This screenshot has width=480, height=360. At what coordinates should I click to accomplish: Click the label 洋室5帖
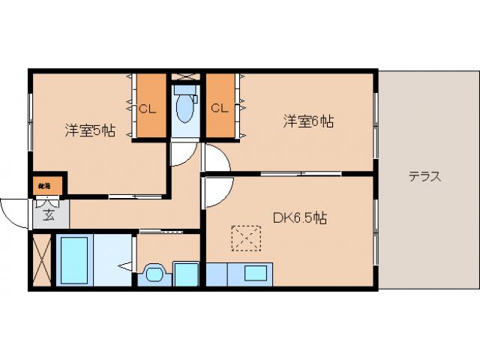pyautogui.click(x=89, y=130)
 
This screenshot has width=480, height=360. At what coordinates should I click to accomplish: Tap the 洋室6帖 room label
pyautogui.click(x=307, y=120)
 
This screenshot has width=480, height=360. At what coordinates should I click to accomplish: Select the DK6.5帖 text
pyautogui.click(x=298, y=218)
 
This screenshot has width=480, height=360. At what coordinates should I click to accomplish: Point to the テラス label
pyautogui.click(x=424, y=178)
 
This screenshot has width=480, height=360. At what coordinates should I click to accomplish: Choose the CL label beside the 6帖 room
pyautogui.click(x=219, y=108)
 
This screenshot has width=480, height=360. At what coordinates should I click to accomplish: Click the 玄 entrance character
pyautogui.click(x=47, y=216)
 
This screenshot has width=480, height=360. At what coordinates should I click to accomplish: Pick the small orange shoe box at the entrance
pyautogui.click(x=47, y=183)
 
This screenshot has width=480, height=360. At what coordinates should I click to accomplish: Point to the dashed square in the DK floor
pyautogui.click(x=243, y=239)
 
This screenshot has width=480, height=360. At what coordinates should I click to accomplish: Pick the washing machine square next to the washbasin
pyautogui.click(x=185, y=273)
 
